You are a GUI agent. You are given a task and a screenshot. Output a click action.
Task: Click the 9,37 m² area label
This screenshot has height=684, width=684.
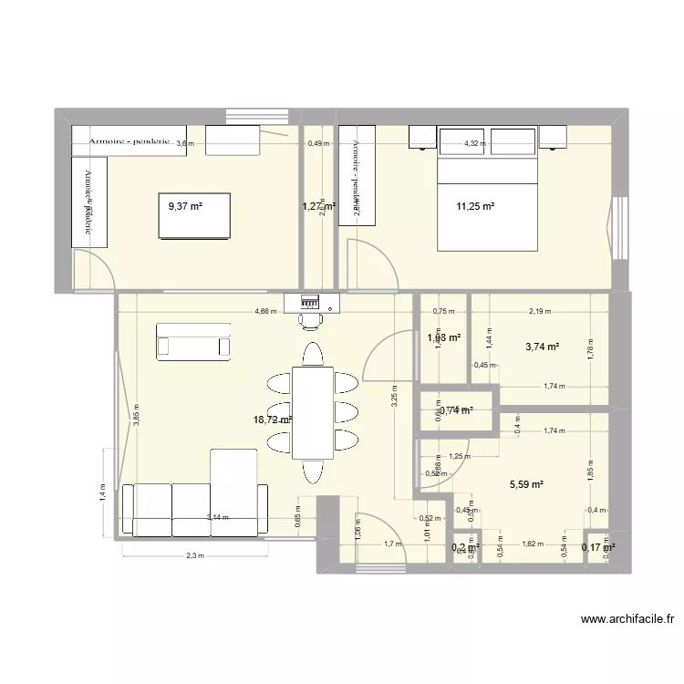[185, 206]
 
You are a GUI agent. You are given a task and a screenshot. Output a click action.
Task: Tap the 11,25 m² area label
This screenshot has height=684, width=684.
[475, 206]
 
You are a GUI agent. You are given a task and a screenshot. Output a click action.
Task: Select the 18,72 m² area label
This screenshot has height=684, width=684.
[273, 420]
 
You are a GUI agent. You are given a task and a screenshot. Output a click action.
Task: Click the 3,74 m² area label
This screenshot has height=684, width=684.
[541, 347]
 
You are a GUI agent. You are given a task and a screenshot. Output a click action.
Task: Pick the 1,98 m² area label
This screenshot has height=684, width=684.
[444, 337]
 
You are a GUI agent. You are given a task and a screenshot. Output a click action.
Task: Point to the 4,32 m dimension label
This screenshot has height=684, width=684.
[475, 143]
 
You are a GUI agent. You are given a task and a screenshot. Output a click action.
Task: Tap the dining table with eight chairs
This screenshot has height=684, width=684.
[312, 412]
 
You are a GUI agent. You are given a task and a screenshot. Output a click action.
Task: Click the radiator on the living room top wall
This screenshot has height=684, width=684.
[312, 300]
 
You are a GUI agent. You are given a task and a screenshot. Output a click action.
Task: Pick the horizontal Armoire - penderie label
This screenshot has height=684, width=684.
[130, 142]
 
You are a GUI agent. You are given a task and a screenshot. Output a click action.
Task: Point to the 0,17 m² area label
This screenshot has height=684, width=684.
[598, 547]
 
